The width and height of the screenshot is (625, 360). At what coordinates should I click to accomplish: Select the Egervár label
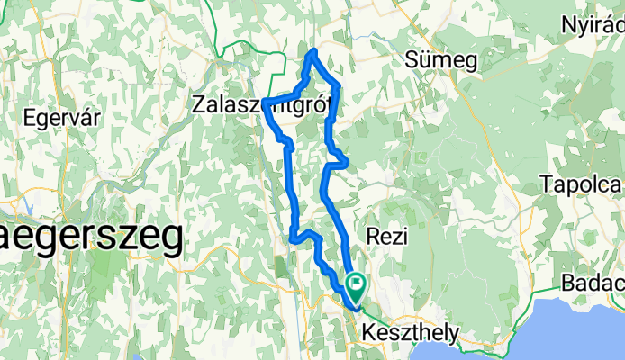click(61, 118)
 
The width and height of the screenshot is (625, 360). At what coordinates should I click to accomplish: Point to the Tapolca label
click(582, 184)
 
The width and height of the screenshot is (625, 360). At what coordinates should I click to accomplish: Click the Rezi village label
click(389, 236)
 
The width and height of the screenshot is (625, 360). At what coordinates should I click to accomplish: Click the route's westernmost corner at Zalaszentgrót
click(264, 101)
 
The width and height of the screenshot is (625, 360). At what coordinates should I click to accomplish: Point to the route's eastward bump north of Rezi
click(347, 161)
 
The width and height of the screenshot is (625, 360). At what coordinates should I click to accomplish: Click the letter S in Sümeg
click(413, 60)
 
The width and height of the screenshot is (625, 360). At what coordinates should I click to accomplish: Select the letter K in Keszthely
click(367, 333)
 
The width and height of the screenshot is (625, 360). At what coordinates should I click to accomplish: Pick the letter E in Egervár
click(29, 118)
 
